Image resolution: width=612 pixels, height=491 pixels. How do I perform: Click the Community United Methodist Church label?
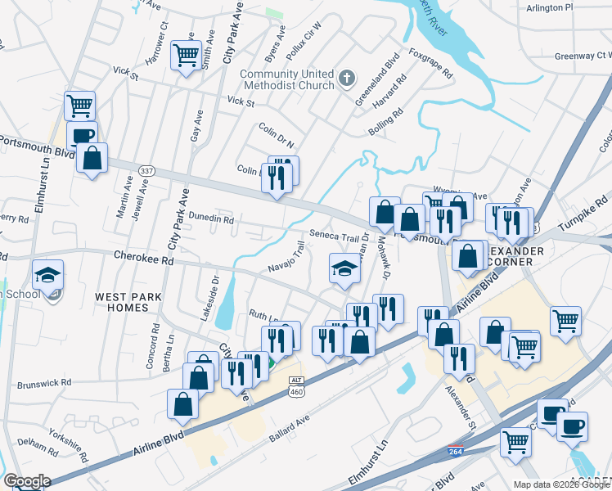click(287, 79)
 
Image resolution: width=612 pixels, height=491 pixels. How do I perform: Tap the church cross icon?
click(346, 79)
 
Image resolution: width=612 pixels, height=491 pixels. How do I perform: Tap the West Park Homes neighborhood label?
click(122, 302)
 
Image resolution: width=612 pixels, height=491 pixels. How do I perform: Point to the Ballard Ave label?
click(290, 429)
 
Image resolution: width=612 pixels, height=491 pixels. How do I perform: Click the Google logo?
click(26, 481)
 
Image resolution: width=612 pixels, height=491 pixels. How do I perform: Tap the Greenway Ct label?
click(583, 56)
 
